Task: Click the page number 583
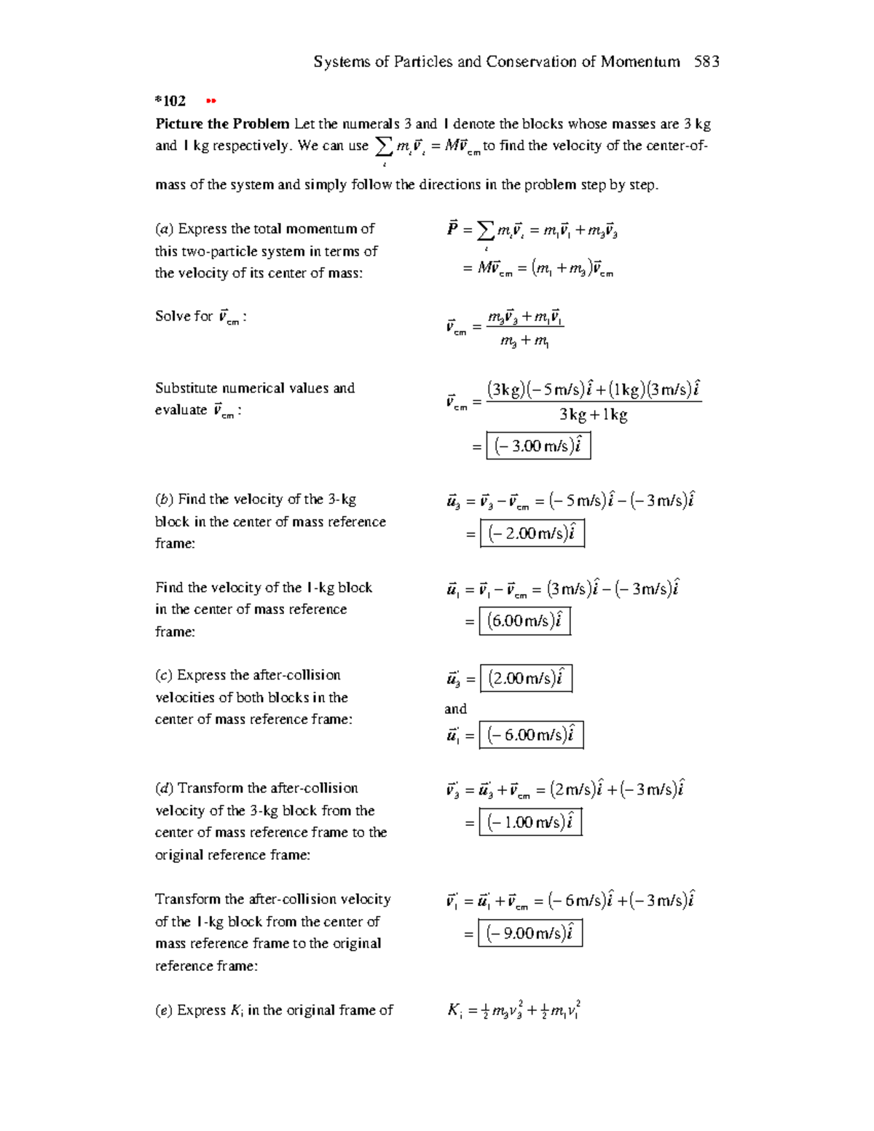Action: (x=706, y=62)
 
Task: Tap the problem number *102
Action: (x=170, y=101)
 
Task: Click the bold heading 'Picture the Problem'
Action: (x=222, y=124)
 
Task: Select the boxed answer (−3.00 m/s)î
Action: (x=538, y=446)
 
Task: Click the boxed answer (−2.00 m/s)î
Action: (x=532, y=533)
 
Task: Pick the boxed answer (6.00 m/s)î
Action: (x=524, y=621)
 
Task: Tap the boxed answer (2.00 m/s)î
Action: (x=526, y=679)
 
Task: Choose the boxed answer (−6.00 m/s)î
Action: (x=531, y=735)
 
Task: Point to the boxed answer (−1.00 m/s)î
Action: (x=530, y=823)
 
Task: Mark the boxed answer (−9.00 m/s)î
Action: (x=530, y=934)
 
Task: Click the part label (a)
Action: (x=164, y=229)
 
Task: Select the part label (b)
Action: (x=164, y=500)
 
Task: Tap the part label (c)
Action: (x=164, y=676)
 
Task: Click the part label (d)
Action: (x=164, y=789)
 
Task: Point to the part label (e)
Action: (x=164, y=1010)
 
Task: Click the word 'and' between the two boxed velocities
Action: (x=455, y=709)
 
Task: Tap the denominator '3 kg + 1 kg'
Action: (x=593, y=415)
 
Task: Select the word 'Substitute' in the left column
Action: (x=186, y=388)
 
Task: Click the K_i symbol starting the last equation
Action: (x=454, y=1011)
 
